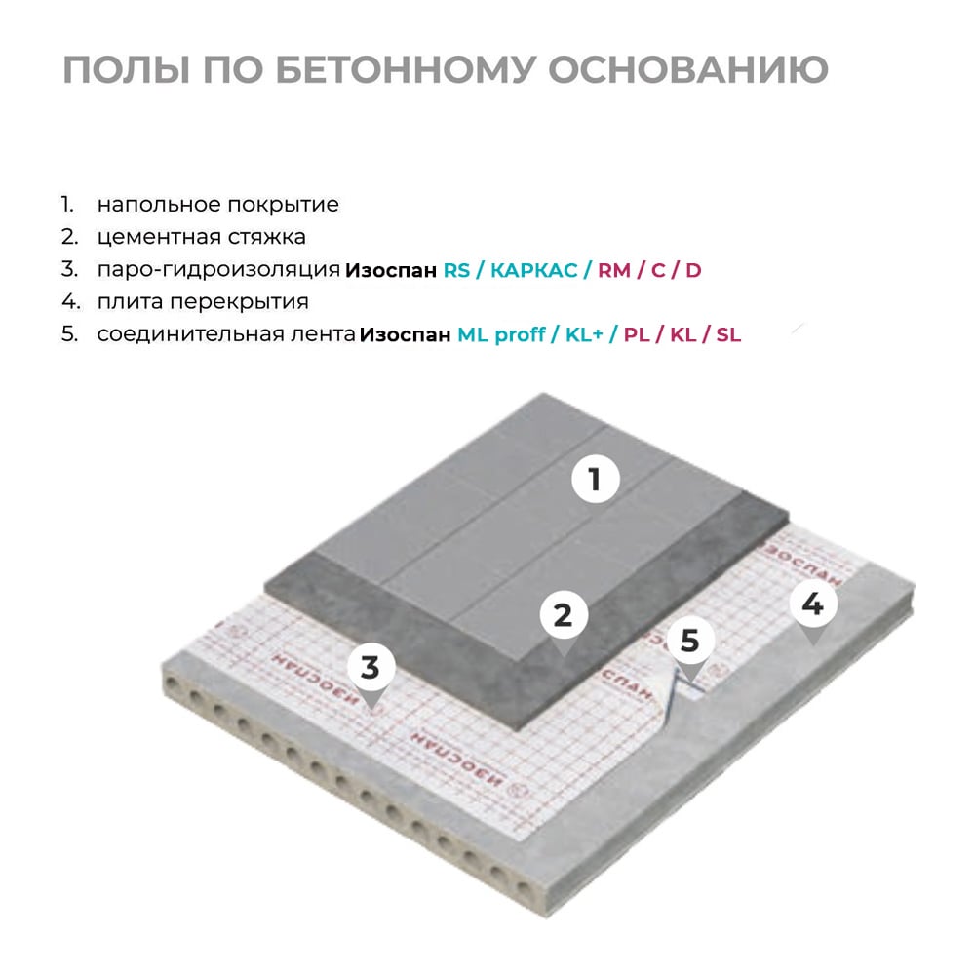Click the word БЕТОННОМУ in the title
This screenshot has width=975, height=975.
coord(405,69)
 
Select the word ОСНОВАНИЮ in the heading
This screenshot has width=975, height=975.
coord(687,69)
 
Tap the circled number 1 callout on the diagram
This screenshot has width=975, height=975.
coord(596,480)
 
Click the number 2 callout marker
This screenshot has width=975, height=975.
coord(564,620)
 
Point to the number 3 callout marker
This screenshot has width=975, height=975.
coord(370,673)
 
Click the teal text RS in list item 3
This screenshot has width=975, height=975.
coord(456,270)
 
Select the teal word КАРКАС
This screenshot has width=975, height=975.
coord(534,270)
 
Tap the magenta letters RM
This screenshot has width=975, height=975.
coord(614,270)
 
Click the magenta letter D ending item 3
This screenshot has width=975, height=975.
coord(693,270)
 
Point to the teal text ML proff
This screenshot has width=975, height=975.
coord(501,335)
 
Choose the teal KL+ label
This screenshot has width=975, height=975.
coord(584,335)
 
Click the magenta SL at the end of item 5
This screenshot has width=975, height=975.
coord(728,335)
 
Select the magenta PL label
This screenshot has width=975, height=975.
coord(637,335)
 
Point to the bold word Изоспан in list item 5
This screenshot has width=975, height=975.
coord(405,335)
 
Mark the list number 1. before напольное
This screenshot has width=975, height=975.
coord(67,204)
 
